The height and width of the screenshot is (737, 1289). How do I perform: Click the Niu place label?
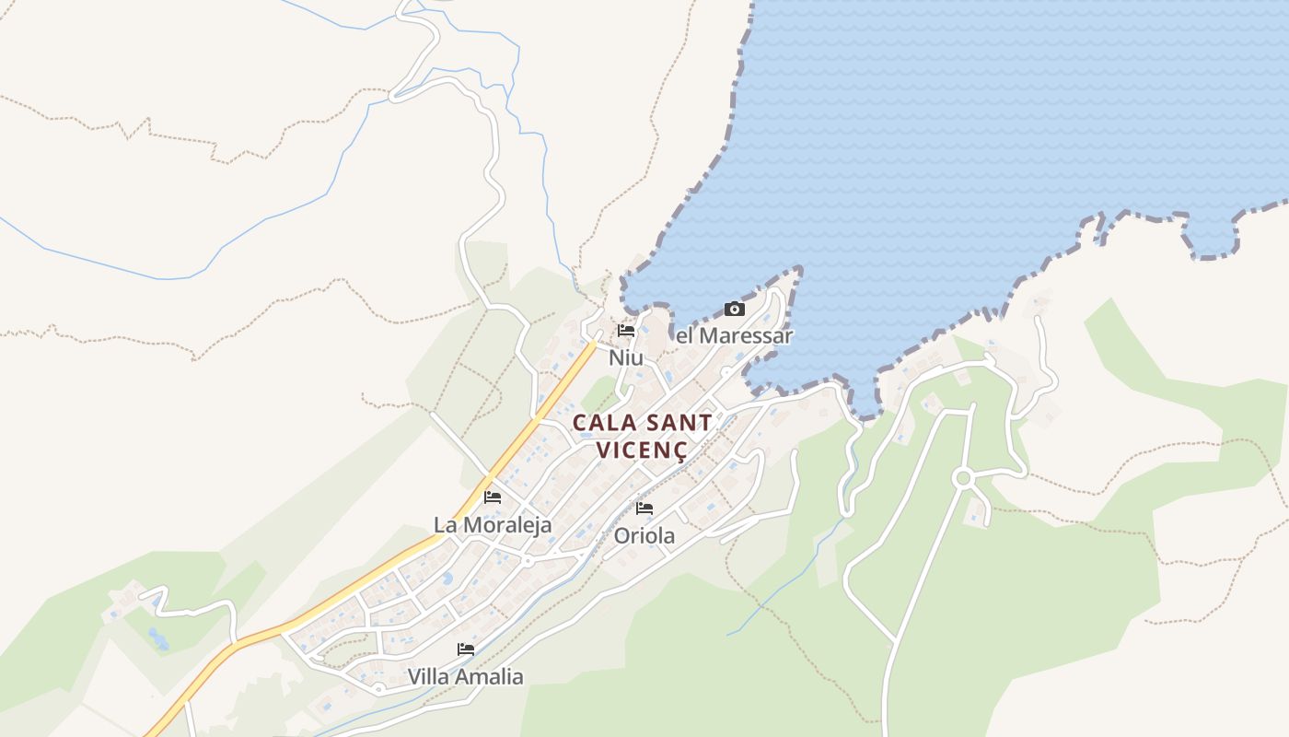coord(626,357)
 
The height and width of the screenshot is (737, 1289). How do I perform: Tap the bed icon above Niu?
coord(626,330)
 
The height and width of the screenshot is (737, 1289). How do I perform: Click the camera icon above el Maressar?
coord(734,309)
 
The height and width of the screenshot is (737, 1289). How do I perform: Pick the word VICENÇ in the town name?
coord(642,450)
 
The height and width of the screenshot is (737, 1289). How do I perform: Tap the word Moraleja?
coord(505,525)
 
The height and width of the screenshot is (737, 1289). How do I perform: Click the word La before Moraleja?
coord(446,525)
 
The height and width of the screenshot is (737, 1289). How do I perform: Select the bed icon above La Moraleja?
coord(493,497)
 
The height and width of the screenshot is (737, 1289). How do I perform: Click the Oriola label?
coord(644,535)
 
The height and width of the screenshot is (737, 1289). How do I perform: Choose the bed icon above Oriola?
coord(644,508)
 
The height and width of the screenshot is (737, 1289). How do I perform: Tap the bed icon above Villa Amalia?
coord(466,649)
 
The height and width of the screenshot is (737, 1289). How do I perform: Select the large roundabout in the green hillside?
coord(964,478)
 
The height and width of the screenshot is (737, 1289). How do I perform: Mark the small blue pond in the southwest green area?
coord(158,638)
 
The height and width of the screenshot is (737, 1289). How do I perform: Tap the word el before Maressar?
coord(684,335)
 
